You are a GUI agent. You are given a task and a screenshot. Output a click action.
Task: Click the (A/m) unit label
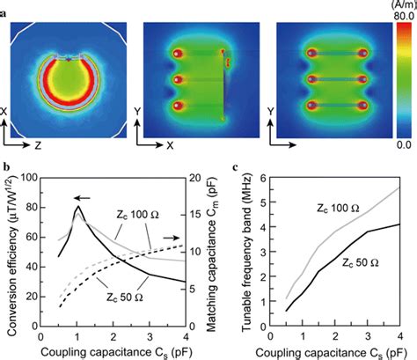pos(400,5)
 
